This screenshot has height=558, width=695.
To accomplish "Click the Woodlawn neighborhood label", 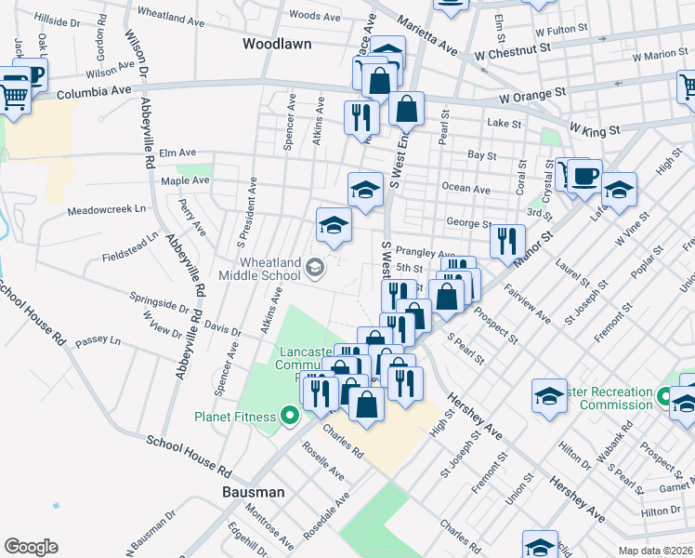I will coord(276,44).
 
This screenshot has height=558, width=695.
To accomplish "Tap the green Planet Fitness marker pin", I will coord(291,416).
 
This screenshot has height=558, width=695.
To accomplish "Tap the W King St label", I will coord(595,130).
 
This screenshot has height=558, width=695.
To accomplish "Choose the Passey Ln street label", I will coord(99,341).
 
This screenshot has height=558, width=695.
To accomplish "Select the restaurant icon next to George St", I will coord(507,242).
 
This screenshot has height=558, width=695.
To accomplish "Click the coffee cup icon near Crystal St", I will coord(584,176).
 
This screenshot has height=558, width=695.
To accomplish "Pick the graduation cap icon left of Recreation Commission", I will coord(549,395).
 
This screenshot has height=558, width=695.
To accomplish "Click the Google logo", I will coord(31,547).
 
